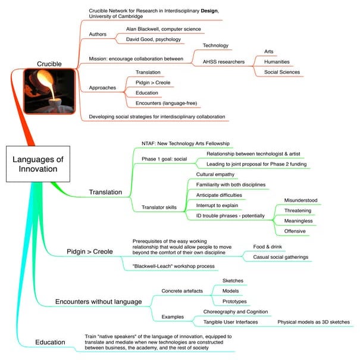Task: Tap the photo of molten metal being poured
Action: click(x=49, y=92)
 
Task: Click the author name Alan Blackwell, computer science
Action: click(x=163, y=29)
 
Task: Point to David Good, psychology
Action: click(x=155, y=39)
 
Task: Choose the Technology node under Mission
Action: click(x=215, y=45)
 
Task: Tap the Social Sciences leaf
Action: click(x=286, y=72)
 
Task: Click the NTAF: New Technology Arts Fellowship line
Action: click(x=185, y=143)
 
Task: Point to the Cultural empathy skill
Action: click(x=215, y=174)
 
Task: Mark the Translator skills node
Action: click(x=159, y=206)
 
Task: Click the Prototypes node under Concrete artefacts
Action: click(x=234, y=301)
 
